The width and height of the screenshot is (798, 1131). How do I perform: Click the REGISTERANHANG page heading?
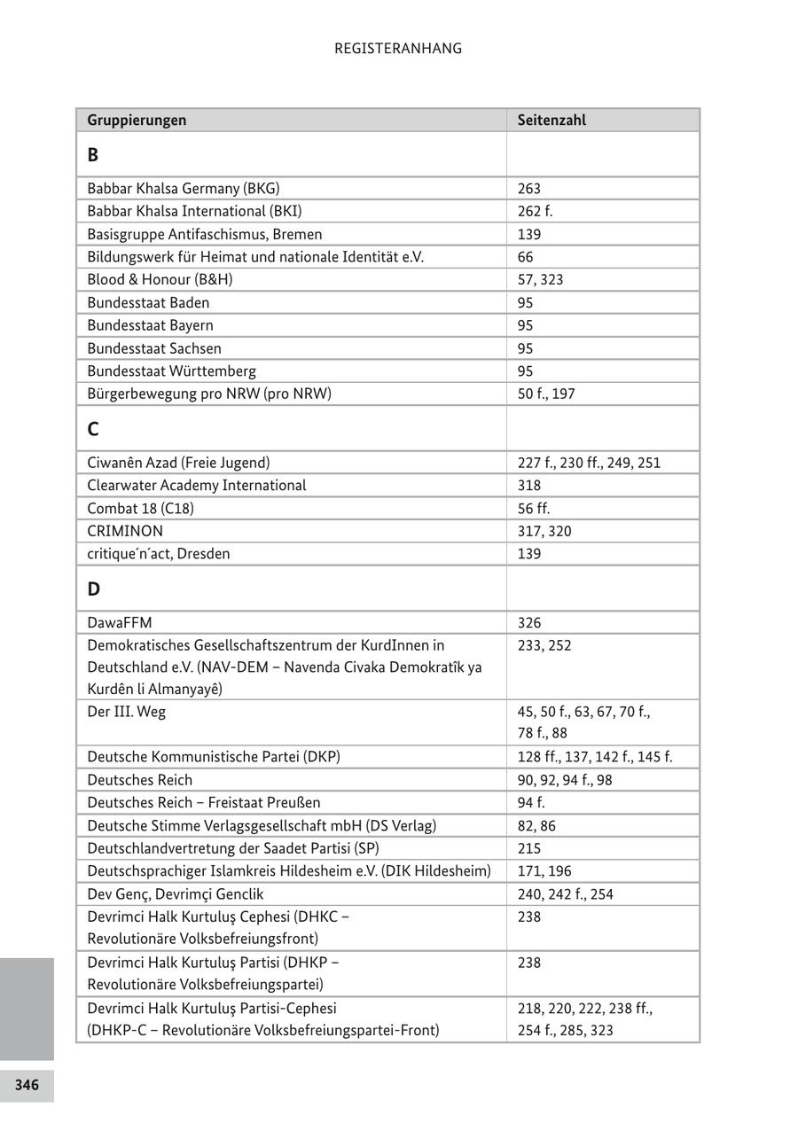tap(398, 49)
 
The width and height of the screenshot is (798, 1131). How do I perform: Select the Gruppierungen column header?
tap(137, 120)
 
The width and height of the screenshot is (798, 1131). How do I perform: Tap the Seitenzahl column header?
tap(552, 120)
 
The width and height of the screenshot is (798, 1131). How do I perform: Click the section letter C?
tap(93, 429)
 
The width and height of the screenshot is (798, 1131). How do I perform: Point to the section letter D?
tap(93, 589)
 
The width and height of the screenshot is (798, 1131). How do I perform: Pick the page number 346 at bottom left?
tap(27, 1085)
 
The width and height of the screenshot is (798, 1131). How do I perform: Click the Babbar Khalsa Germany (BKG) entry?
tap(184, 188)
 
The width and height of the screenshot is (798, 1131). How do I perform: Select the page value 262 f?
tap(535, 211)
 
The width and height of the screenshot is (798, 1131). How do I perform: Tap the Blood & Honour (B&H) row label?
tap(160, 279)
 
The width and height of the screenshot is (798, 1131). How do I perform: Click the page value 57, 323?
tap(540, 279)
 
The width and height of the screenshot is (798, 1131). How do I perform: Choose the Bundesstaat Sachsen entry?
tap(154, 348)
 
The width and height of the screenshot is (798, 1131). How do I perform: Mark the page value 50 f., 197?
tap(546, 394)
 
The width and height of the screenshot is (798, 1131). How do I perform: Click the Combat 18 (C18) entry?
tap(140, 508)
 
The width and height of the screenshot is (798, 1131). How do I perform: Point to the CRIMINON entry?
tap(125, 531)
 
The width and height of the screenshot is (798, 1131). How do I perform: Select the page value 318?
tap(529, 485)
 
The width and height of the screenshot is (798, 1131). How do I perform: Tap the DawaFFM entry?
tap(120, 623)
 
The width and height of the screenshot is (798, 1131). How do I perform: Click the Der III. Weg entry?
tap(126, 712)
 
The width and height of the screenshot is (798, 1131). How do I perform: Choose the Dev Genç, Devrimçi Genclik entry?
tap(176, 894)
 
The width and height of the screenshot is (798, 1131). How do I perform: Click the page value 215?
tap(529, 848)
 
